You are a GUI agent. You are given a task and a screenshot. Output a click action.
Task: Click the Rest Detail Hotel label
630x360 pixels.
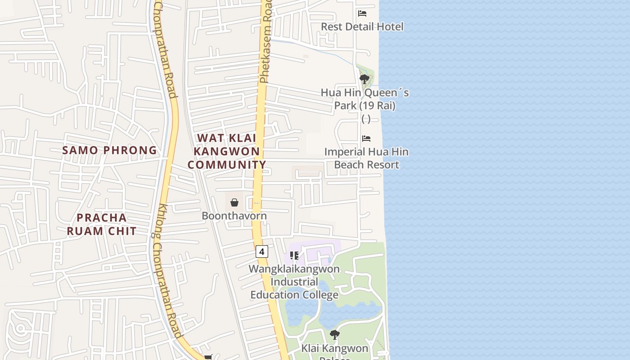pos(362,27)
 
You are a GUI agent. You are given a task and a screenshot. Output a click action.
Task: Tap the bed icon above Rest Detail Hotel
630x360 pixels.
pos(362,13)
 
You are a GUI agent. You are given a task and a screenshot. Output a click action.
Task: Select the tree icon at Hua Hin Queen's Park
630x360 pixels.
pos(364,80)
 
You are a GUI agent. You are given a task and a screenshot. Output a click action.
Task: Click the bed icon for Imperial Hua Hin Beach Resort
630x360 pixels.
pos(366,139)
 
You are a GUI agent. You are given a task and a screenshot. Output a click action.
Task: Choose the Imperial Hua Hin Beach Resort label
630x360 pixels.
pos(367,158)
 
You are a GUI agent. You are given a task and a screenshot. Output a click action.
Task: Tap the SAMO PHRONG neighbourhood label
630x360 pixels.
pos(109,150)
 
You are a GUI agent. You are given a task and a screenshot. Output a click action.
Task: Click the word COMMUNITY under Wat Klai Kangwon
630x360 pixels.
pos(227,165)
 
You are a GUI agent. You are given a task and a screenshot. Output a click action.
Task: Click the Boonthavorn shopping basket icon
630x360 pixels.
pos(234,202)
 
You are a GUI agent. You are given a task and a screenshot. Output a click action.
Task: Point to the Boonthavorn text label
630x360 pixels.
pos(234,216)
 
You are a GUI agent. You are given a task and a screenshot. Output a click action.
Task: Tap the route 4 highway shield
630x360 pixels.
pos(262,251)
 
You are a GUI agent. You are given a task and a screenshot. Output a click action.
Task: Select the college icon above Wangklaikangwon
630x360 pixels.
pos(294,256)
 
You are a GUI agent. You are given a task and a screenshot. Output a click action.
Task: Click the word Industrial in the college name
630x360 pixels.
pos(294,282)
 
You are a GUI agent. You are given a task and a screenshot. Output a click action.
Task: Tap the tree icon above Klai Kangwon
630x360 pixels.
pos(334,335)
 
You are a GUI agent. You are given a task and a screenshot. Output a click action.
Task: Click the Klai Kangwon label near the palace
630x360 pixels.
pos(334,348)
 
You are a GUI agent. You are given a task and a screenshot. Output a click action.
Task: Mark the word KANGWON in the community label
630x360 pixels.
pos(227,151)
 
